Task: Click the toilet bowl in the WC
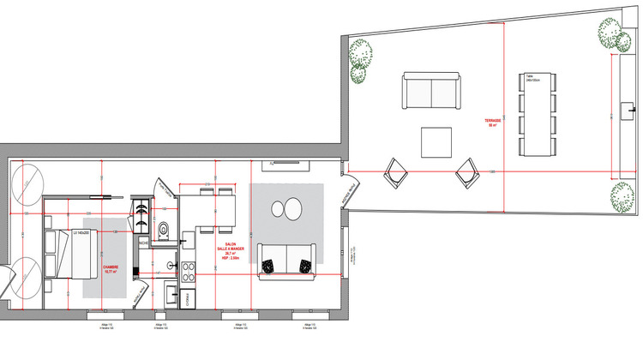pos(163,229)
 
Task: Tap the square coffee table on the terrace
pos(436,142)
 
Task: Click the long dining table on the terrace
pos(538,115)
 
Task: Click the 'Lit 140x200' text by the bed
pos(81,233)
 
